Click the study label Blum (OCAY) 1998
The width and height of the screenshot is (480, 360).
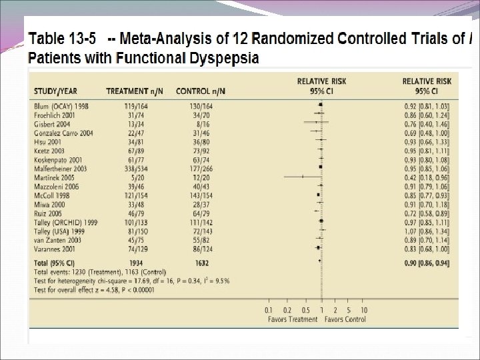pyautogui.click(x=61, y=106)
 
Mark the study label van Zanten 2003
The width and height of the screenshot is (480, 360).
pyautogui.click(x=58, y=240)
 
